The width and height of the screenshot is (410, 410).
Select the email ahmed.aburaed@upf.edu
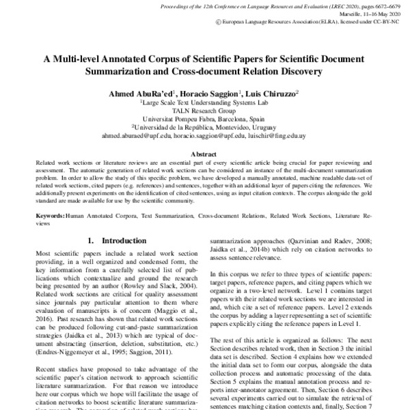133,135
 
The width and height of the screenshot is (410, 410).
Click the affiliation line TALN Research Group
204,109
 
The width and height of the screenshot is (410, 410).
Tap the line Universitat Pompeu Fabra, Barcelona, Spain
204,118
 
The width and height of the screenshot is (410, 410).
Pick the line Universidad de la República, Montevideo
204,126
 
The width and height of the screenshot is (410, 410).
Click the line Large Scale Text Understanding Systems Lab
204,100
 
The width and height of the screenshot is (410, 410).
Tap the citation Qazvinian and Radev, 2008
332,241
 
